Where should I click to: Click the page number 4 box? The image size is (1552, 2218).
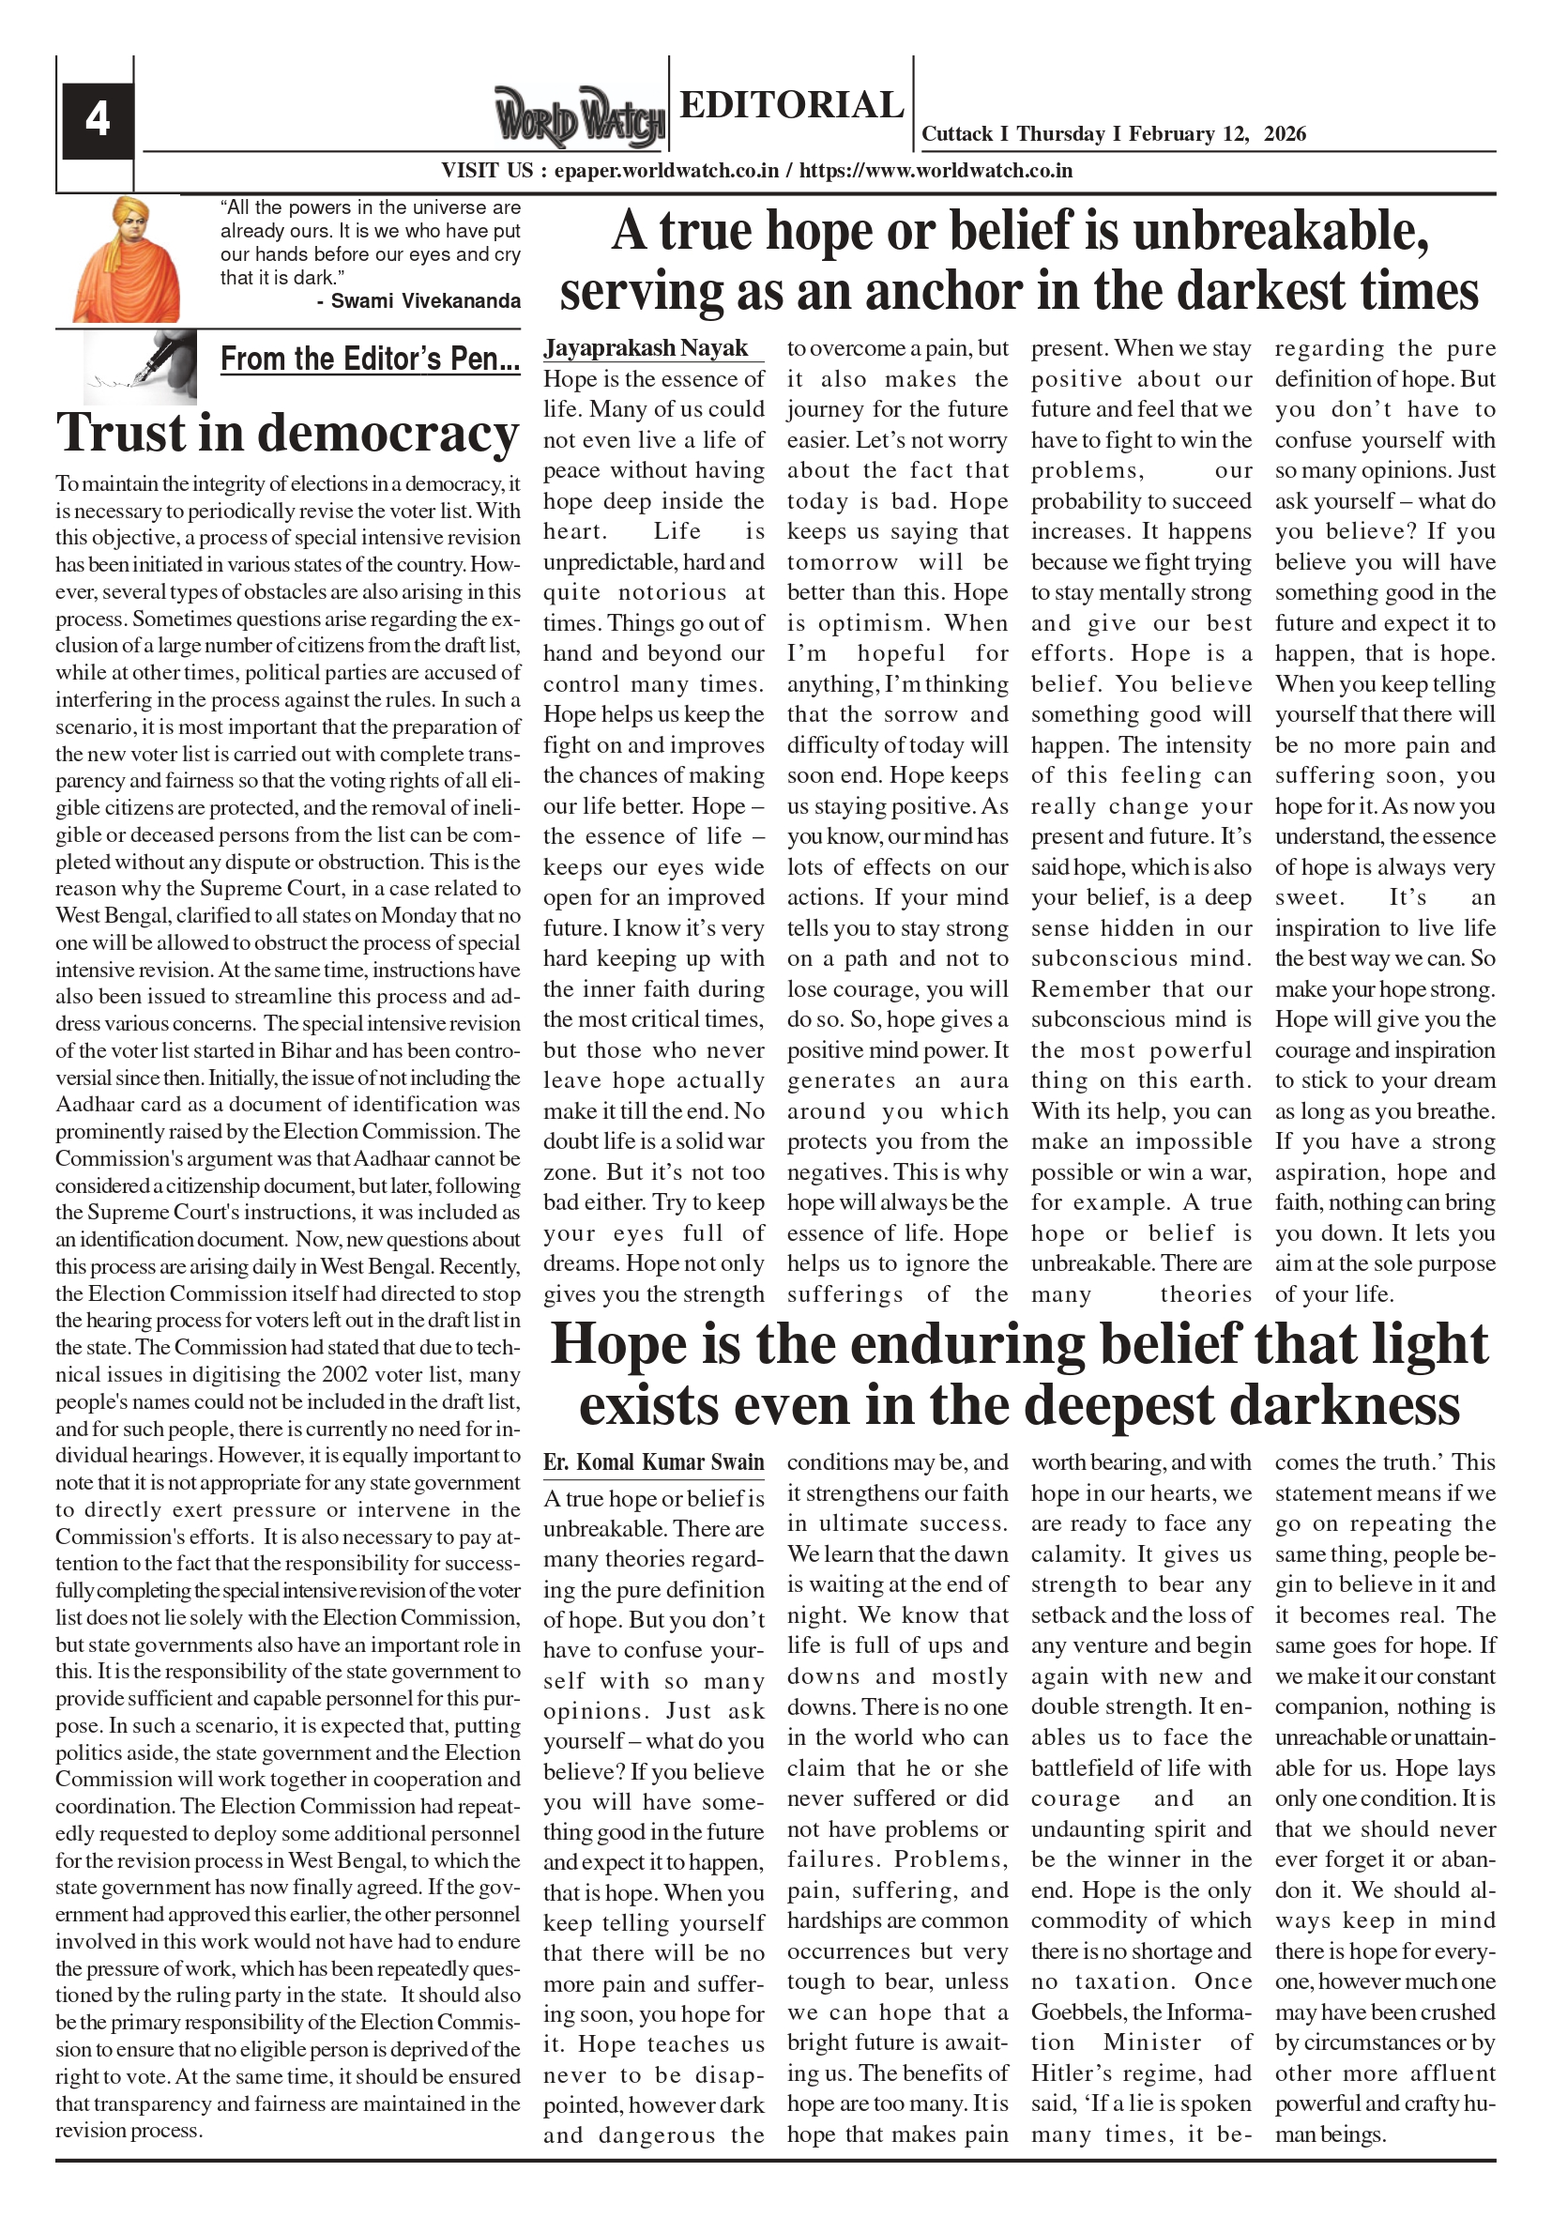98,120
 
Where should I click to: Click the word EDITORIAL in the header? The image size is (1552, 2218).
791,104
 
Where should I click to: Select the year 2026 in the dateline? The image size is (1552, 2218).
1284,134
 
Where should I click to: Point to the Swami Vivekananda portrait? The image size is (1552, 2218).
126,259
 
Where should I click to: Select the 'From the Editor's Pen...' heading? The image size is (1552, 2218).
370,359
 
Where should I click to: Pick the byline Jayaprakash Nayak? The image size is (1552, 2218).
646,348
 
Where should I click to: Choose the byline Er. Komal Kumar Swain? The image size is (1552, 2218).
653,1461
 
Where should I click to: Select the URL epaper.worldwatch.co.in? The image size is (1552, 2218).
666,171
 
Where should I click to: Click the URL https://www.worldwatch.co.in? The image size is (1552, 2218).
936,171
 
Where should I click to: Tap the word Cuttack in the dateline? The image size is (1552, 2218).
957,134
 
